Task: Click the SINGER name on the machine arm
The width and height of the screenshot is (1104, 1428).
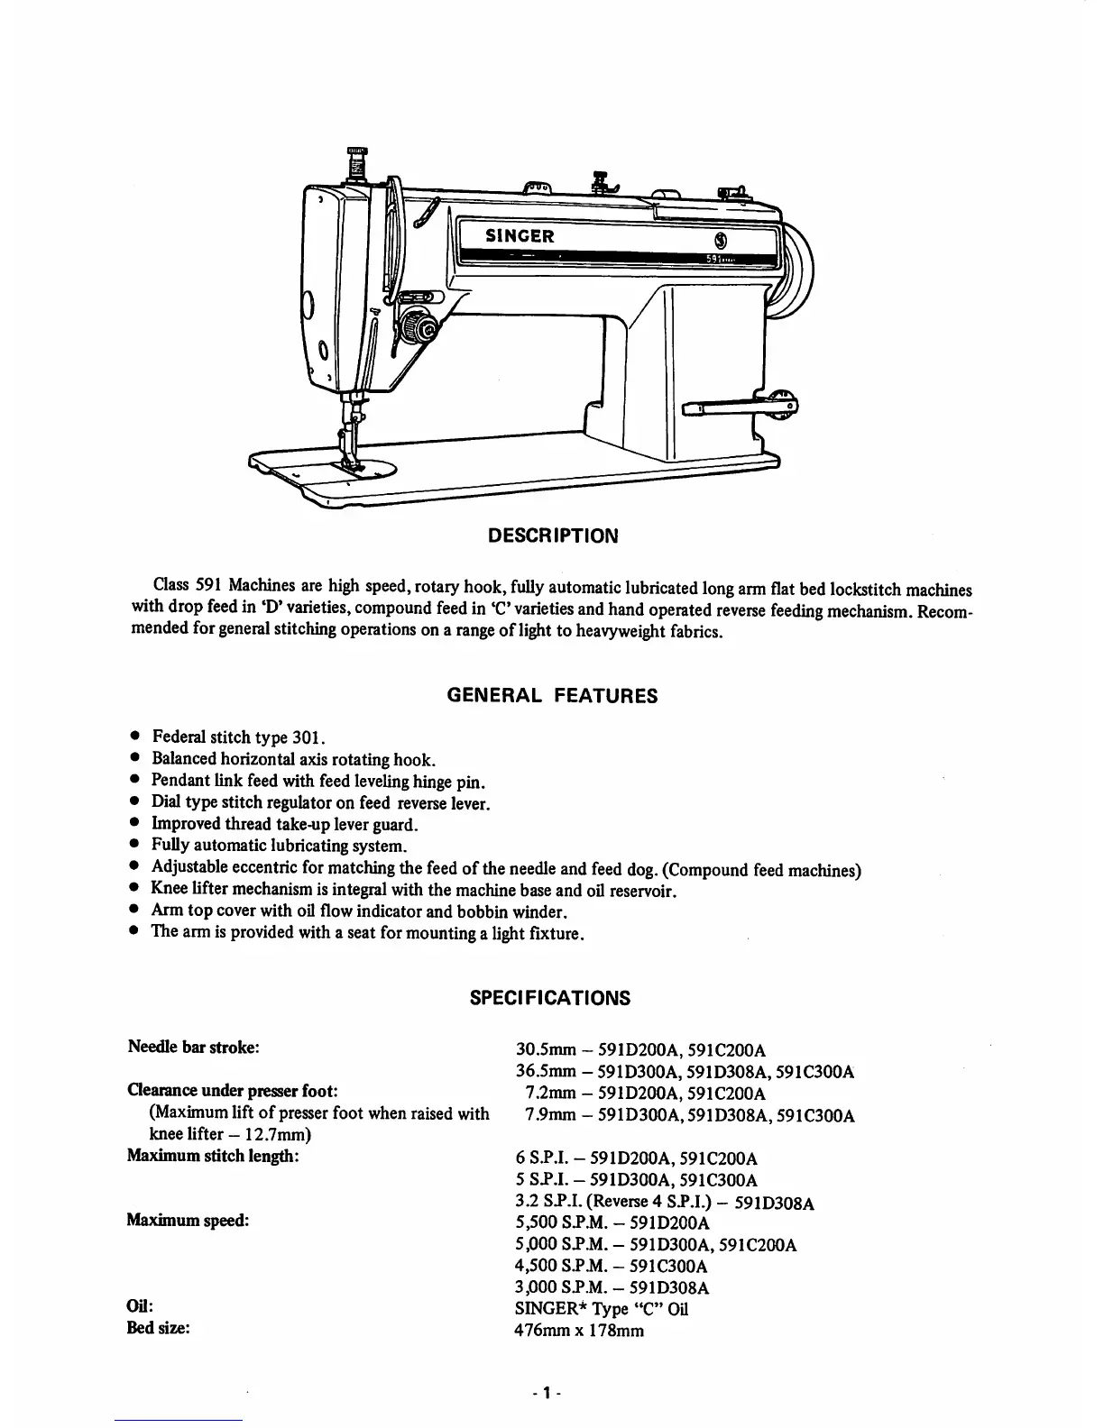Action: [x=520, y=236]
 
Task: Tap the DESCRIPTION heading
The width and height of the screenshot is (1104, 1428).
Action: [x=553, y=535]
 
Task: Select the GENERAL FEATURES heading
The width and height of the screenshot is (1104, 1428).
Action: [x=552, y=696]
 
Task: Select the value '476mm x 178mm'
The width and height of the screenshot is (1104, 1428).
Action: [x=579, y=1331]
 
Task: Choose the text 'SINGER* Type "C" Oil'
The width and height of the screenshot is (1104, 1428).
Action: [x=601, y=1309]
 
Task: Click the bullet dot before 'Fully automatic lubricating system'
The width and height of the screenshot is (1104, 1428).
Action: [x=133, y=846]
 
